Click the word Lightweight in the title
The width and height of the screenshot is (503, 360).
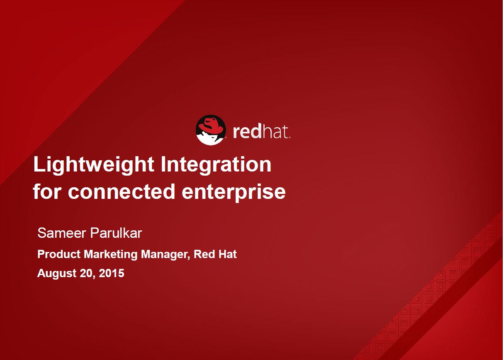94,165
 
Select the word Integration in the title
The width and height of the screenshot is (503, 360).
216,165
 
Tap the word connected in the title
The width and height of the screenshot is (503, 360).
121,192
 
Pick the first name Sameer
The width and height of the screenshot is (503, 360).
62,233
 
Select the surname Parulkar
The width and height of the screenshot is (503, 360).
116,233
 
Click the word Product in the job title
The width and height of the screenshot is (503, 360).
59,254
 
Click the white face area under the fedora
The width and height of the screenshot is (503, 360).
210,139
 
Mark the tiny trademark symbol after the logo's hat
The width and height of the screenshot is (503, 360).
289,137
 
